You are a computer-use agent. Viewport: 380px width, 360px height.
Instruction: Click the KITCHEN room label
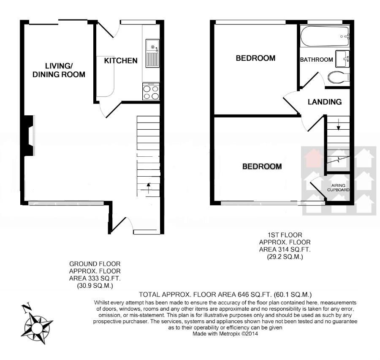(x=121, y=60)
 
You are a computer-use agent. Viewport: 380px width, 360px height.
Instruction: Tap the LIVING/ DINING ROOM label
(x=65, y=70)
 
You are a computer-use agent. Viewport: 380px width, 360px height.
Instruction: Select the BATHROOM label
(x=316, y=60)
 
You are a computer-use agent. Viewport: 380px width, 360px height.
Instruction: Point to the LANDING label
(x=324, y=102)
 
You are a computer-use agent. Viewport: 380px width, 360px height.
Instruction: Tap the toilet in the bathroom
(x=339, y=77)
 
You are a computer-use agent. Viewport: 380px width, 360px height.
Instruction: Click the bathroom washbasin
(x=342, y=58)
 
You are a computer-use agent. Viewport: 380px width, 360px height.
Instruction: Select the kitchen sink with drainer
(x=152, y=53)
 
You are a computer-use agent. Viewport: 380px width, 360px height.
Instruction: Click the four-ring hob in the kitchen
(x=151, y=92)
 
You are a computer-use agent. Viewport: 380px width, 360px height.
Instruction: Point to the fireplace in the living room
(x=29, y=136)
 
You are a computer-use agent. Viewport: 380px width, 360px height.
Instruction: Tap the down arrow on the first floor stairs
(x=338, y=125)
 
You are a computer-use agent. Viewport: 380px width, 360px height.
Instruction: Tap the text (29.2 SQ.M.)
(x=285, y=256)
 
